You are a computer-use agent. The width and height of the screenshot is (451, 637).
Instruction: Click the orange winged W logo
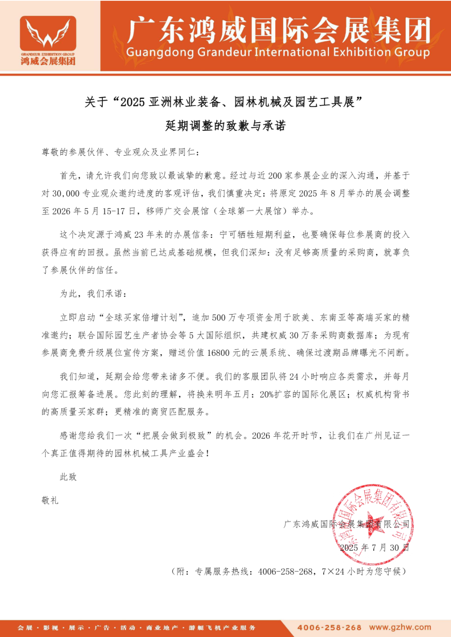coord(48,33)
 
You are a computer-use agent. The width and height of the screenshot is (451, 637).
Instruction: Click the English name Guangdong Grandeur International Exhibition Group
coord(278,52)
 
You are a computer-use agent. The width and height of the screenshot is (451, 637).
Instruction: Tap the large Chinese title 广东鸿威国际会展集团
coord(279,30)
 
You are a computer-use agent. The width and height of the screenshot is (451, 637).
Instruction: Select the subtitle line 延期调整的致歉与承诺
coord(225,126)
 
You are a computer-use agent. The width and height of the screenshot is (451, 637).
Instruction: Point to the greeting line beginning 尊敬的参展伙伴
coord(121,152)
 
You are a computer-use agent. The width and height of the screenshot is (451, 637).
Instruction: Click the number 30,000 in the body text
coord(66,194)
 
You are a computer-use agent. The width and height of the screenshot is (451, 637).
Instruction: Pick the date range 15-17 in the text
coord(114,211)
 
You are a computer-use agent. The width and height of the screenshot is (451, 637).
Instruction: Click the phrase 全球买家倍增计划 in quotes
coord(141,318)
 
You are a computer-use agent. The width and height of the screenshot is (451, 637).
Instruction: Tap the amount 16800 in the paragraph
coord(218,353)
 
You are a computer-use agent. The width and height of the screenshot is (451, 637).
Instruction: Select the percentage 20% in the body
coord(266,395)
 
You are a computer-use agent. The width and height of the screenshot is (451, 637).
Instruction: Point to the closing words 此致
coord(68,477)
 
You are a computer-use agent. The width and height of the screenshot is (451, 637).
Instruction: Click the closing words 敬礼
coord(50,500)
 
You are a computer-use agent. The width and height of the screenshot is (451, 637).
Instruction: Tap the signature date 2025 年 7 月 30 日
coord(374,548)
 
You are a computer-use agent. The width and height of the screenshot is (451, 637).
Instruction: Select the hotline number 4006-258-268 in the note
coord(285,572)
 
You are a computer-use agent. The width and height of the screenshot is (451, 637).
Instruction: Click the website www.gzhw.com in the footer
coord(400,627)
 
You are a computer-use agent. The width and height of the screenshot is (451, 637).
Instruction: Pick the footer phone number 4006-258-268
coord(329,627)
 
